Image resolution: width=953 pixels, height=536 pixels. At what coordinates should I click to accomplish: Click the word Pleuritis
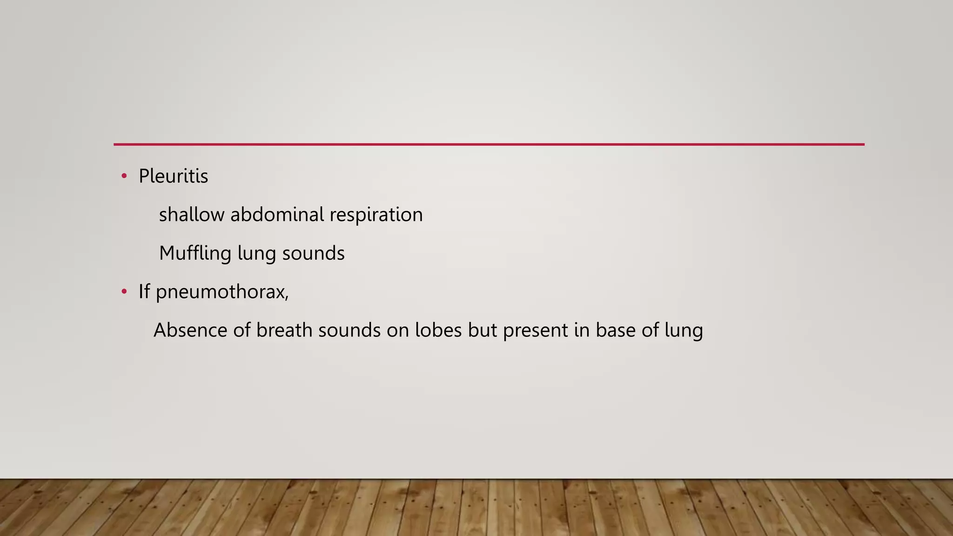coord(173,176)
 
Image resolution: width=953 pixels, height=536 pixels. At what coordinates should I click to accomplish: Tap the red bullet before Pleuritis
coord(124,176)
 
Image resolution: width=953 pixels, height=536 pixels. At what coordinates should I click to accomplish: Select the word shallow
coord(191,215)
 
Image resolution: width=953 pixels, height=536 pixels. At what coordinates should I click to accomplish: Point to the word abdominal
coord(277,215)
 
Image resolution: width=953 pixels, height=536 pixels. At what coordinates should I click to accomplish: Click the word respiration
coord(376,215)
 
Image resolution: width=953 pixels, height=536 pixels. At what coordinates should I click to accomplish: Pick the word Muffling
coord(195,254)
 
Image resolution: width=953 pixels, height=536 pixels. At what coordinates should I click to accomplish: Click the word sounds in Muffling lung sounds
coord(313,254)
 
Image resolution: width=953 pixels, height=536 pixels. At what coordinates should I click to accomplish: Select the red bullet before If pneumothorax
coord(124,292)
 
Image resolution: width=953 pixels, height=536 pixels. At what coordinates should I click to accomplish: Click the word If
coord(144,292)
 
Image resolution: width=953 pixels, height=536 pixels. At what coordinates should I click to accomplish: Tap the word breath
coord(284,330)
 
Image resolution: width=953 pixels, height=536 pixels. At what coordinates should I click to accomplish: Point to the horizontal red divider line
coord(489,144)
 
